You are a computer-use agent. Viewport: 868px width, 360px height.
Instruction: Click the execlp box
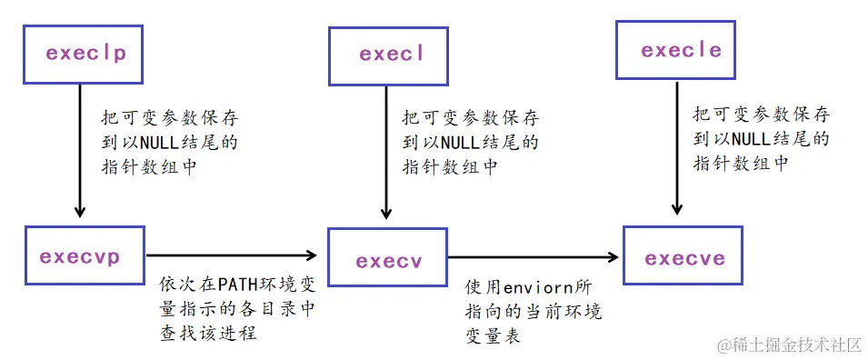85,54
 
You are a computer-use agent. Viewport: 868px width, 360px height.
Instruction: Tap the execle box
682,50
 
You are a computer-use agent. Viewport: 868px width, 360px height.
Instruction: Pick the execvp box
85,257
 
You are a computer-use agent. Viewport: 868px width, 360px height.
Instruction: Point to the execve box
684,259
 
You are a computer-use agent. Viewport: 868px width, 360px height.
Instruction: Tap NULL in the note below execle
752,138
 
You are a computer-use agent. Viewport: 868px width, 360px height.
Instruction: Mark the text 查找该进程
207,333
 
